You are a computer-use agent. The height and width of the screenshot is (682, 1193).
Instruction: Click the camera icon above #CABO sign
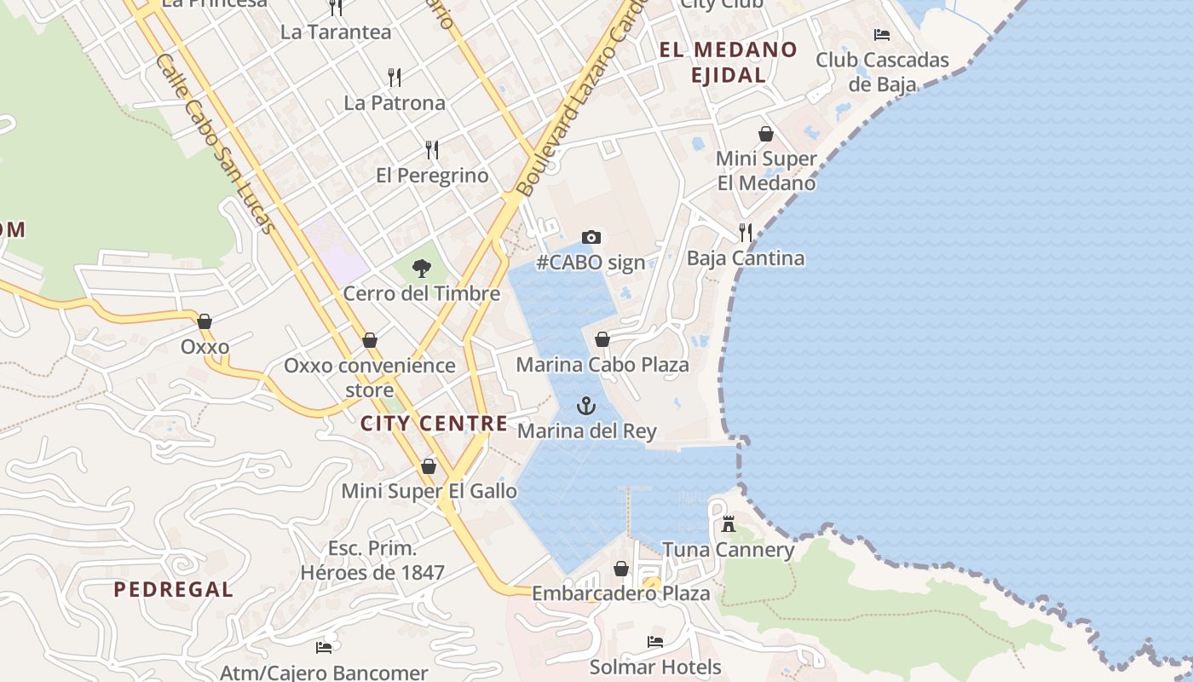591,237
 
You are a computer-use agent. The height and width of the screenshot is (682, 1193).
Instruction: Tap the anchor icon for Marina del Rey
585,405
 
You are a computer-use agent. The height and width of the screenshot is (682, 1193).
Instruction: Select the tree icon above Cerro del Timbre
421,269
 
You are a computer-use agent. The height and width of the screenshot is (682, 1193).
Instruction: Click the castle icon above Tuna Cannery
728,524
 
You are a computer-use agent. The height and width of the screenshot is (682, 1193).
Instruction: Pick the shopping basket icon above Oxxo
205,321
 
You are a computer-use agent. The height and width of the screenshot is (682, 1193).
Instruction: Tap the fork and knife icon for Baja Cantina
746,232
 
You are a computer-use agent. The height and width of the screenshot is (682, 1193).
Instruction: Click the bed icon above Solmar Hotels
654,641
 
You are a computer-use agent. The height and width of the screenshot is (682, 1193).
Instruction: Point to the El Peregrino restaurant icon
432,150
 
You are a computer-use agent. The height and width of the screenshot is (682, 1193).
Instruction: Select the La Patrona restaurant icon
394,78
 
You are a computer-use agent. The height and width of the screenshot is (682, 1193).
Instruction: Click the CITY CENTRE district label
434,424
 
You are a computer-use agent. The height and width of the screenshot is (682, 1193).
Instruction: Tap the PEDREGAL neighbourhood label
173,589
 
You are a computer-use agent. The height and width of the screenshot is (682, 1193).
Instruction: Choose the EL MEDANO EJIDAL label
728,62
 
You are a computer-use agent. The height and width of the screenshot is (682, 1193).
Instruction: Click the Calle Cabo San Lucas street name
216,144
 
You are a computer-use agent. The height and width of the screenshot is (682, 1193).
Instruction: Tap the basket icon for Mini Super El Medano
766,134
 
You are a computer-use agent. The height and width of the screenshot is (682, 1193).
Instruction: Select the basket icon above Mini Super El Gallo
429,466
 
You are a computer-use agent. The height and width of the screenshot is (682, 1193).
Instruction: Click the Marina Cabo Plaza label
602,365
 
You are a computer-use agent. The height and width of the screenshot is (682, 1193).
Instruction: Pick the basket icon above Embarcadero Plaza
621,569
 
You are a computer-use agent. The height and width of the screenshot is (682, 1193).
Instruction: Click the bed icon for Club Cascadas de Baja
882,35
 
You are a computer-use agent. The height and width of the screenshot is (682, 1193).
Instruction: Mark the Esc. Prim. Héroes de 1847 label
372,560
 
